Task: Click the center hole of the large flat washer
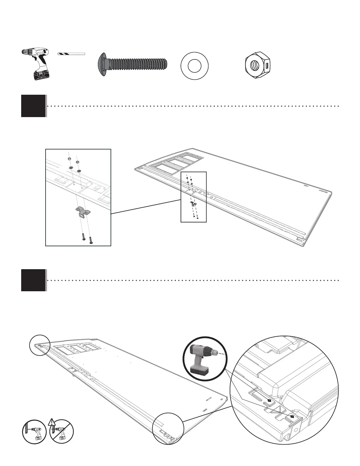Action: (194, 66)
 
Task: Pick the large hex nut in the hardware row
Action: (258, 66)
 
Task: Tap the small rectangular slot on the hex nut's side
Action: (267, 66)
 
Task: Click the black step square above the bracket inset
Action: (33, 106)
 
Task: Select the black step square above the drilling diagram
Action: (33, 280)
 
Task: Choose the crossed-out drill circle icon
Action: (61, 432)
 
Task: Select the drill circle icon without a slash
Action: (34, 432)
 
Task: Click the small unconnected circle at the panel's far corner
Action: (40, 345)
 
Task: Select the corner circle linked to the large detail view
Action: (168, 428)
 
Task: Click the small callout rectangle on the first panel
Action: (194, 197)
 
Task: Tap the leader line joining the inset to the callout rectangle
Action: (146, 207)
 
